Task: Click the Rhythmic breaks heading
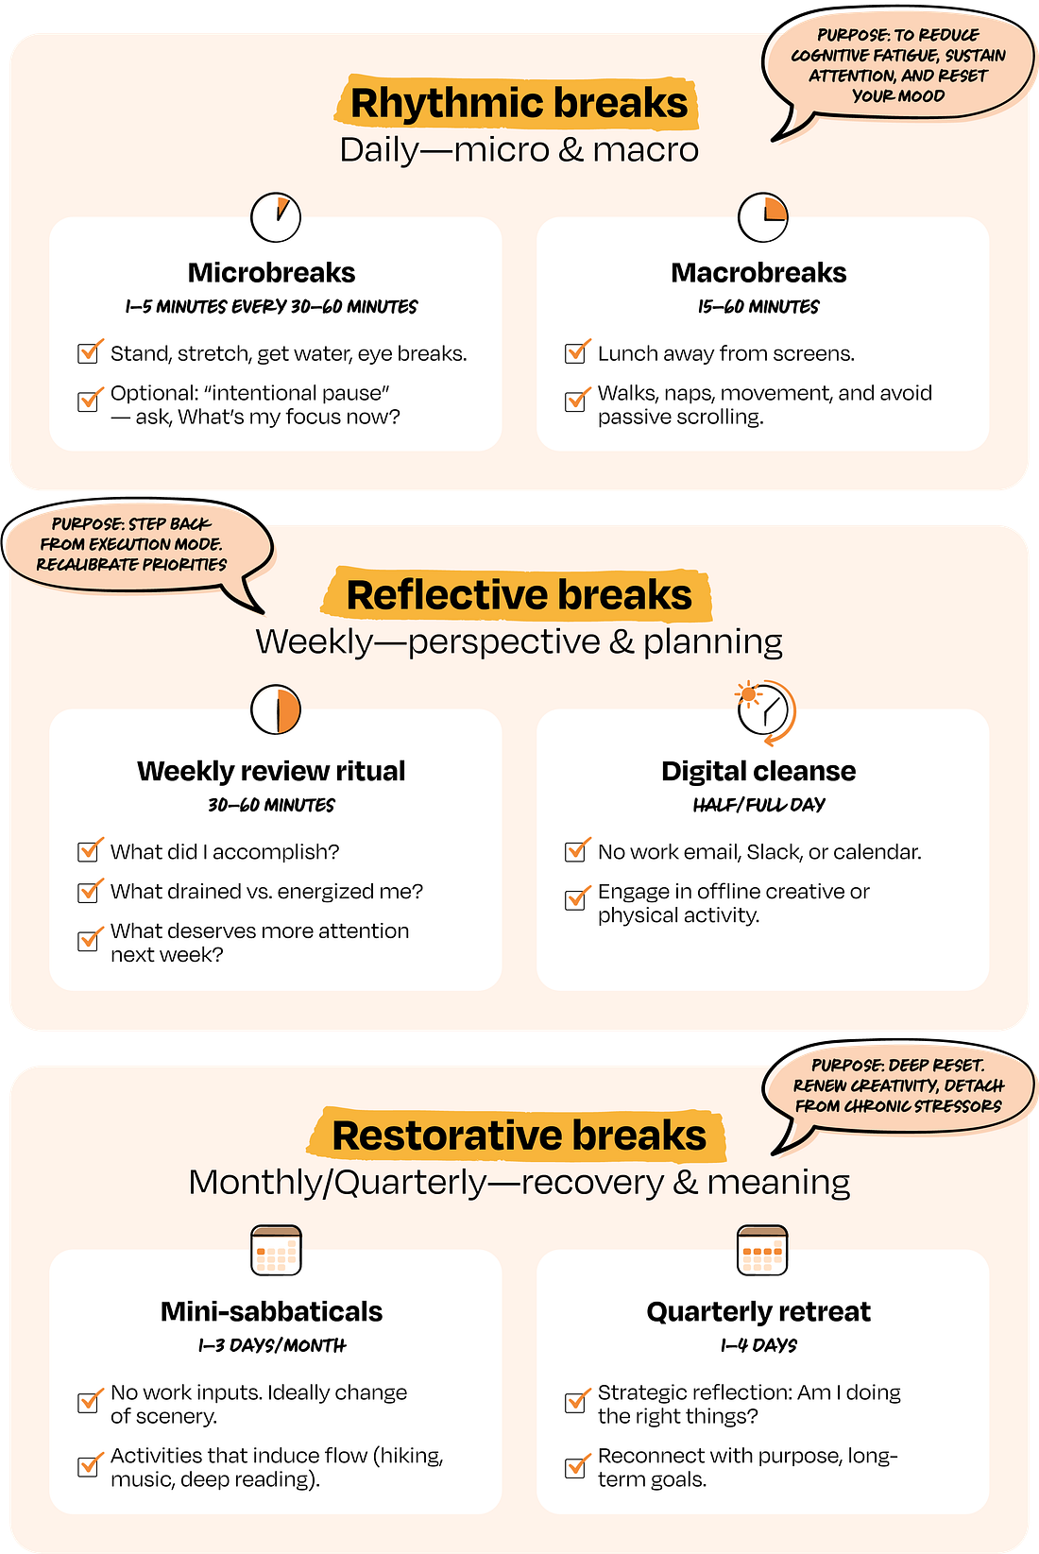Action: click(519, 103)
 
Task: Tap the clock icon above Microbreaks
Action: click(276, 217)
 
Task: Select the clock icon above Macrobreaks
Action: click(762, 217)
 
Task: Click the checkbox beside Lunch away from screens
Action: click(575, 352)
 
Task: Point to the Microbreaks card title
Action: click(272, 273)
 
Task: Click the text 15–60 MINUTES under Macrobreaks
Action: click(758, 307)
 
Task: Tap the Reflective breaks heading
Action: click(519, 595)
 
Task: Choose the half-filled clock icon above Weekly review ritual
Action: click(276, 709)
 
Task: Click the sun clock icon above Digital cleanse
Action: click(764, 710)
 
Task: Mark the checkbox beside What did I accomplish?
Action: click(89, 851)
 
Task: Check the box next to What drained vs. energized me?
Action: click(89, 891)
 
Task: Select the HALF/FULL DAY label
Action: click(758, 805)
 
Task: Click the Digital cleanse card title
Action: click(758, 771)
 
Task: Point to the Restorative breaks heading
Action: click(519, 1136)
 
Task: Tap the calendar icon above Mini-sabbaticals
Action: click(276, 1251)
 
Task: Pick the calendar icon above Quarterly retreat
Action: click(761, 1251)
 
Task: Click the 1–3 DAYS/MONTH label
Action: click(272, 1345)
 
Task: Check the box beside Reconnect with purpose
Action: click(575, 1467)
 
